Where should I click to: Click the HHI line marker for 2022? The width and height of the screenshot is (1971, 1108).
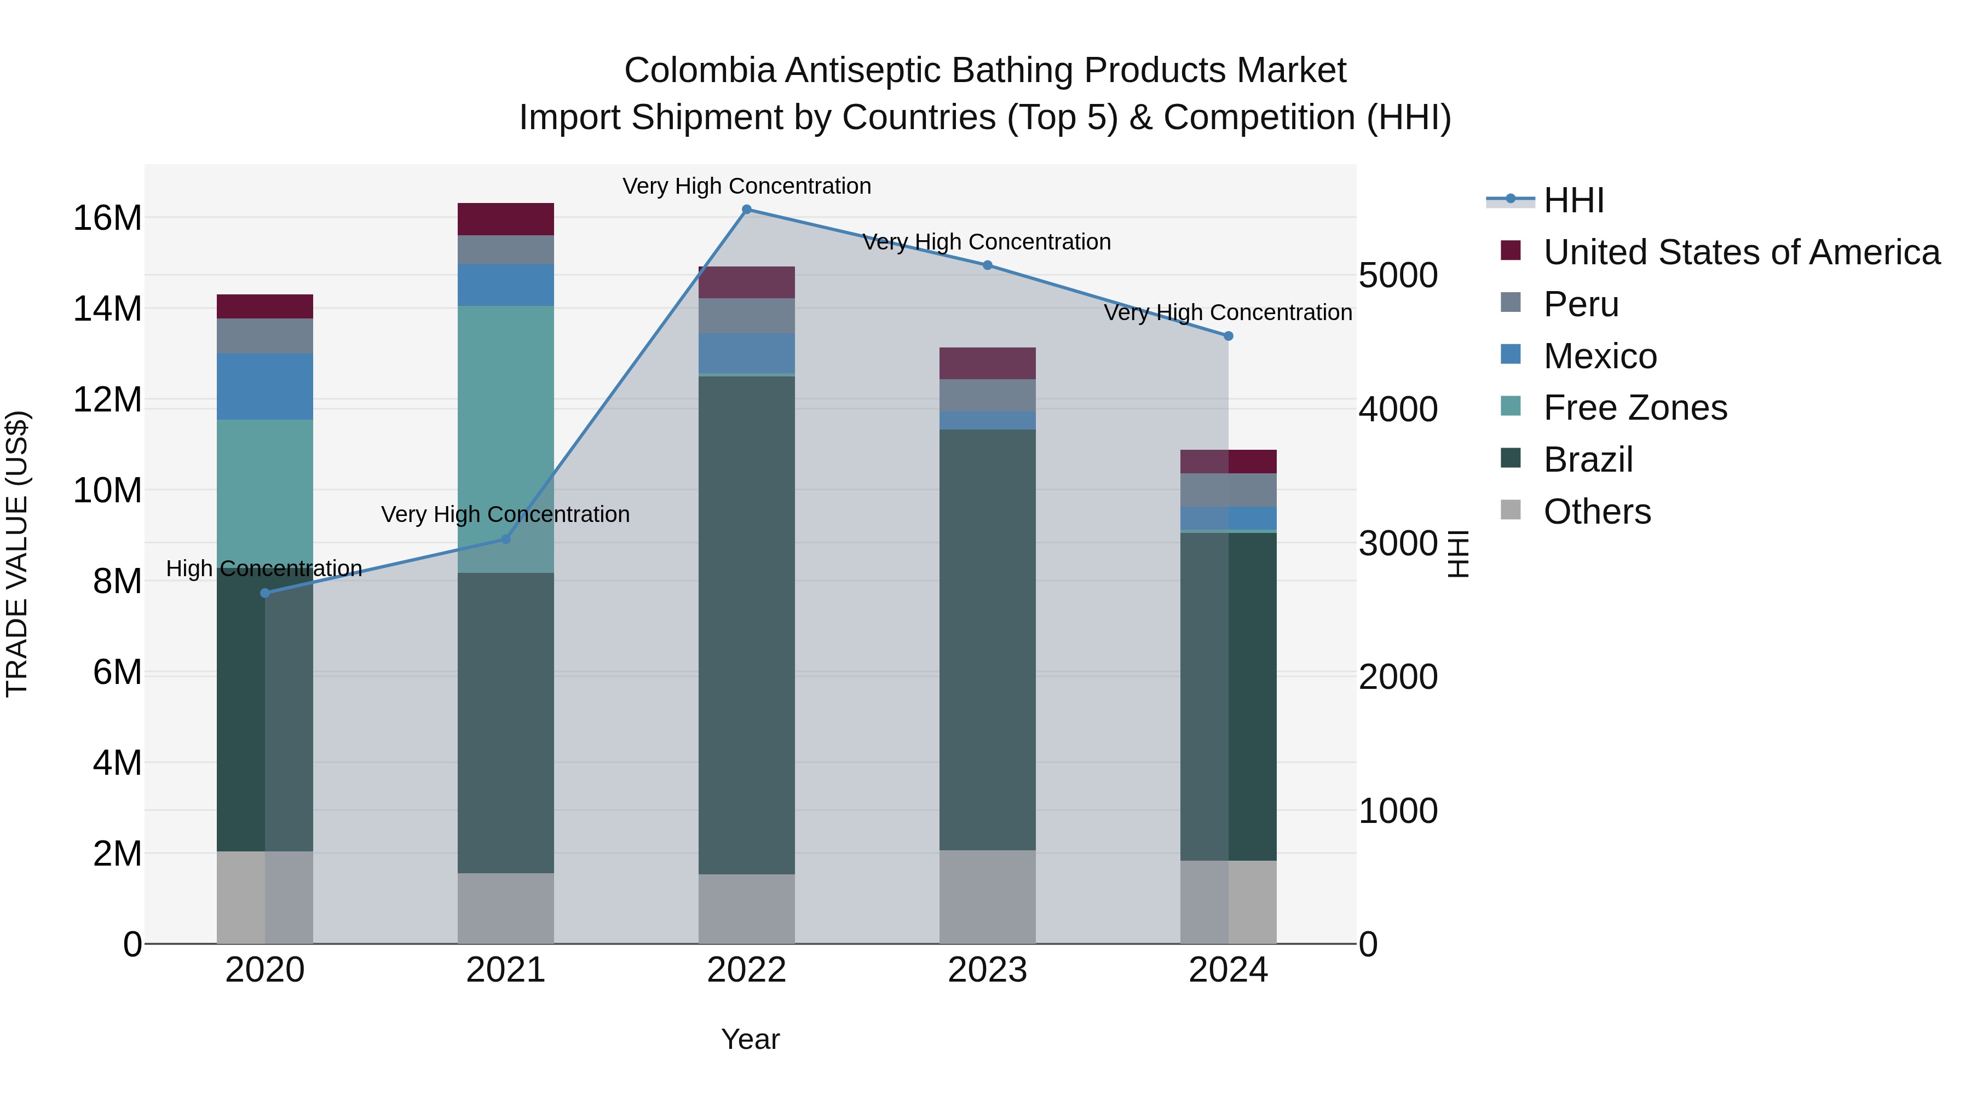(x=747, y=210)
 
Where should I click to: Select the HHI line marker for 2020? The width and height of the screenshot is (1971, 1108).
(x=265, y=593)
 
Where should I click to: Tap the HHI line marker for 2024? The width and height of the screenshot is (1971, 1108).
(x=1228, y=336)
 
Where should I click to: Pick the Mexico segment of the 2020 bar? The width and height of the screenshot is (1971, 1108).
(x=265, y=386)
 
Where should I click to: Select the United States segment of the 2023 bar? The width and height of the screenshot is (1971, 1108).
(x=987, y=363)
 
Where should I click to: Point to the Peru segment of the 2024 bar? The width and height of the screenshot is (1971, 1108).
(x=1228, y=490)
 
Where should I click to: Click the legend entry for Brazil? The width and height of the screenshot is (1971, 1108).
(x=1588, y=460)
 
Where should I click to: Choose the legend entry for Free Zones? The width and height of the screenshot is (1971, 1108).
(x=1634, y=408)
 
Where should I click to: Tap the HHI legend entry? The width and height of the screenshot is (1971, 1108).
(x=1573, y=200)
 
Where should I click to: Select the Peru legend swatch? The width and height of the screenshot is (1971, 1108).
(x=1511, y=303)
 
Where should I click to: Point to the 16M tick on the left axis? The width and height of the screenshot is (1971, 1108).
(x=107, y=218)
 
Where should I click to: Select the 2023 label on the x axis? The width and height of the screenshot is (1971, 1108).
(x=987, y=970)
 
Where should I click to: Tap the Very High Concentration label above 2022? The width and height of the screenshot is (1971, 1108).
(x=747, y=186)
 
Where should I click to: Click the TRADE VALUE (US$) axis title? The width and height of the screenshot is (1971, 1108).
(x=18, y=554)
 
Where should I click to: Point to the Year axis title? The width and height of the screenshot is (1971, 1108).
(x=750, y=1039)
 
